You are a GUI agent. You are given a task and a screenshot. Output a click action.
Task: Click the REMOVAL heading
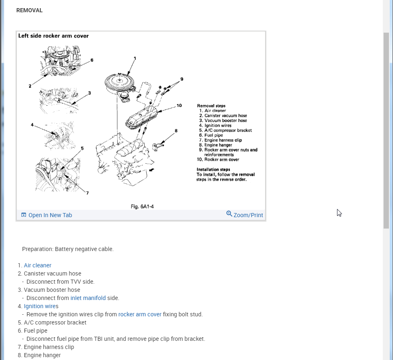pyautogui.click(x=29, y=10)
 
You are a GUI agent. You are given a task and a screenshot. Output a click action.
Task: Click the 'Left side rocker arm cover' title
pyautogui.click(x=54, y=36)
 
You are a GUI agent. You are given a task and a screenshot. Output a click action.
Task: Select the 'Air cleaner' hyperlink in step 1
pyautogui.click(x=38, y=265)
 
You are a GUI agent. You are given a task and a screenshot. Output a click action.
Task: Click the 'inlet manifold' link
pyautogui.click(x=88, y=298)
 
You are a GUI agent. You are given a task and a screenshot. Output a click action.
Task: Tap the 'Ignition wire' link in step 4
pyautogui.click(x=40, y=306)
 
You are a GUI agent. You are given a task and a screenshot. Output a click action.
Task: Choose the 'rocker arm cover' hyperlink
pyautogui.click(x=140, y=314)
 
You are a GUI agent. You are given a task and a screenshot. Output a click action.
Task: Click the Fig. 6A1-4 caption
pyautogui.click(x=142, y=207)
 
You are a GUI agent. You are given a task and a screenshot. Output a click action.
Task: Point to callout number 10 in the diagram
pyautogui.click(x=179, y=106)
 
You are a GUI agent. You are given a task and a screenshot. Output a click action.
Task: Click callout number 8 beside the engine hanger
pyautogui.click(x=176, y=131)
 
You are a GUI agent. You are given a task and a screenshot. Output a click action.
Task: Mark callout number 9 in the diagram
pyautogui.click(x=182, y=79)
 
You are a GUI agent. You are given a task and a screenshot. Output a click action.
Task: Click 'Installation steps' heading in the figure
pyautogui.click(x=213, y=169)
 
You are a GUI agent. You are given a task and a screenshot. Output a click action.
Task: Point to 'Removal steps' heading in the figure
pyautogui.click(x=211, y=106)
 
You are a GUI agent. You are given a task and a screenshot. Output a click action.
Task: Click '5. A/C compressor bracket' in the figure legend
pyautogui.click(x=226, y=130)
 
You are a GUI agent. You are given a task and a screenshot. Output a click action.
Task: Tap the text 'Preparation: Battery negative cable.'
pyautogui.click(x=68, y=249)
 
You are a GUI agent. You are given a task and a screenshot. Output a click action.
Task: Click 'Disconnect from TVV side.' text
pyautogui.click(x=60, y=282)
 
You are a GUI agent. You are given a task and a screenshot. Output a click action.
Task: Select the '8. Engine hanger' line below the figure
pyautogui.click(x=39, y=355)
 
